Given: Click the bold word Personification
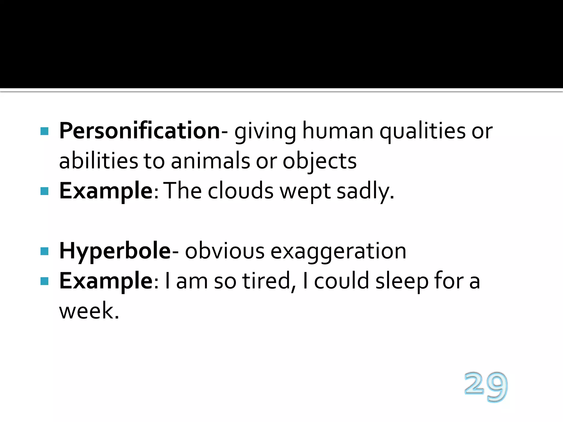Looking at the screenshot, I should tap(139, 131).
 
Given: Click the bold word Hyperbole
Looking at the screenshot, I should tap(115, 251).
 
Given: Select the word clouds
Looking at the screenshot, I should tap(241, 191).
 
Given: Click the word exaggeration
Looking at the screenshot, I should tap(338, 251).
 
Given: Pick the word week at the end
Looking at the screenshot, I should tap(89, 311).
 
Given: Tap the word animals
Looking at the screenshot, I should tap(210, 161).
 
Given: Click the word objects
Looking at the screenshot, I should tap(319, 162).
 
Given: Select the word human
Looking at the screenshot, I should tap(338, 131).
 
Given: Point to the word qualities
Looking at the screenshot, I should tap(423, 131).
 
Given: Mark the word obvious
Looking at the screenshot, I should tap(225, 251).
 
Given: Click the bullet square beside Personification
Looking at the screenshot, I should tap(44, 131).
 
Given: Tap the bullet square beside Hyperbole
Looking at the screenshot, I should tap(44, 251).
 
